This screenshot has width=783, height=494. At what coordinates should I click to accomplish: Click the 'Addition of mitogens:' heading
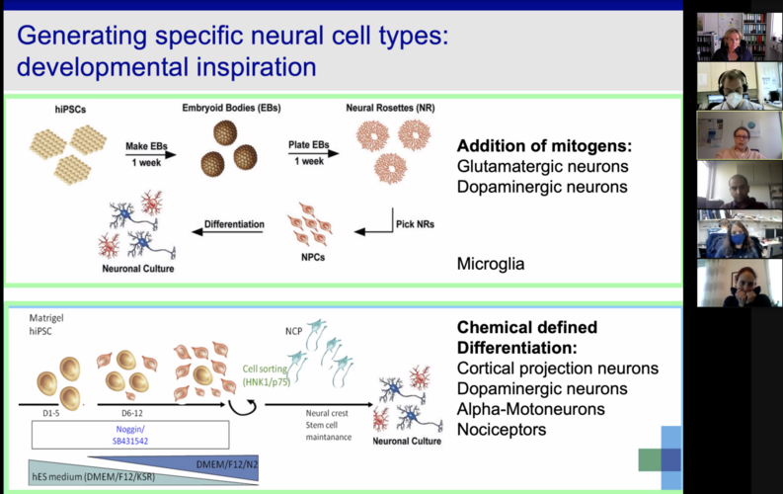544,146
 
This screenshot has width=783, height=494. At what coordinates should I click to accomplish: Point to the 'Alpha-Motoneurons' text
537,409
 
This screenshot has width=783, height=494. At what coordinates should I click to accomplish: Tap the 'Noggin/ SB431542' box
130,435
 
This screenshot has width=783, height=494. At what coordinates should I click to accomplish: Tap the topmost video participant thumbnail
733,37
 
